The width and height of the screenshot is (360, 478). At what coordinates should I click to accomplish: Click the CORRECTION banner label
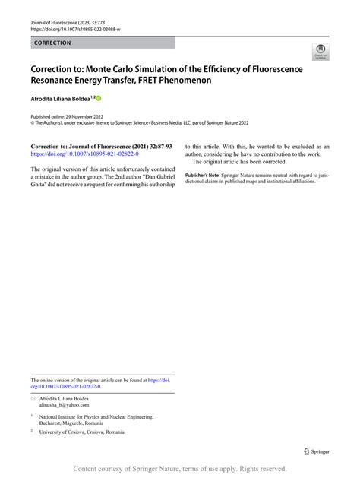53,43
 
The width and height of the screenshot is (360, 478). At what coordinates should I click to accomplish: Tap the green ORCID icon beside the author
98,99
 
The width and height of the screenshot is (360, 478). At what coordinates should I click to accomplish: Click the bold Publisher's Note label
202,175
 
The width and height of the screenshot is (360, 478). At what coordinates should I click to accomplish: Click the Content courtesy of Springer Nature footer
179,469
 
